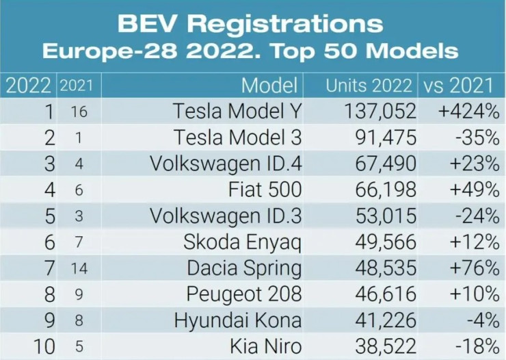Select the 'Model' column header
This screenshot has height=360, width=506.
(269, 86)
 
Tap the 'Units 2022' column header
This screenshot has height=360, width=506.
(369, 86)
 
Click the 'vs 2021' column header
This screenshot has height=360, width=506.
(458, 86)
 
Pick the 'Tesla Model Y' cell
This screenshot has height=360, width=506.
(237, 111)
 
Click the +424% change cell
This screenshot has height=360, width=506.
(468, 111)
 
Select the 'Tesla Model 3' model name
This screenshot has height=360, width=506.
(237, 137)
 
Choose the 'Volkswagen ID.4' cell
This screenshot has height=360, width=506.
(226, 164)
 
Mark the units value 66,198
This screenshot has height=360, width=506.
(386, 190)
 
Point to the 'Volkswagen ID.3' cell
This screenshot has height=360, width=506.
(226, 216)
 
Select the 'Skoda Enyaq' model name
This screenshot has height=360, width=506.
(242, 242)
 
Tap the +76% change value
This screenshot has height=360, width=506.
(472, 268)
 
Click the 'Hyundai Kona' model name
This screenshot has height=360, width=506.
(237, 320)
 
